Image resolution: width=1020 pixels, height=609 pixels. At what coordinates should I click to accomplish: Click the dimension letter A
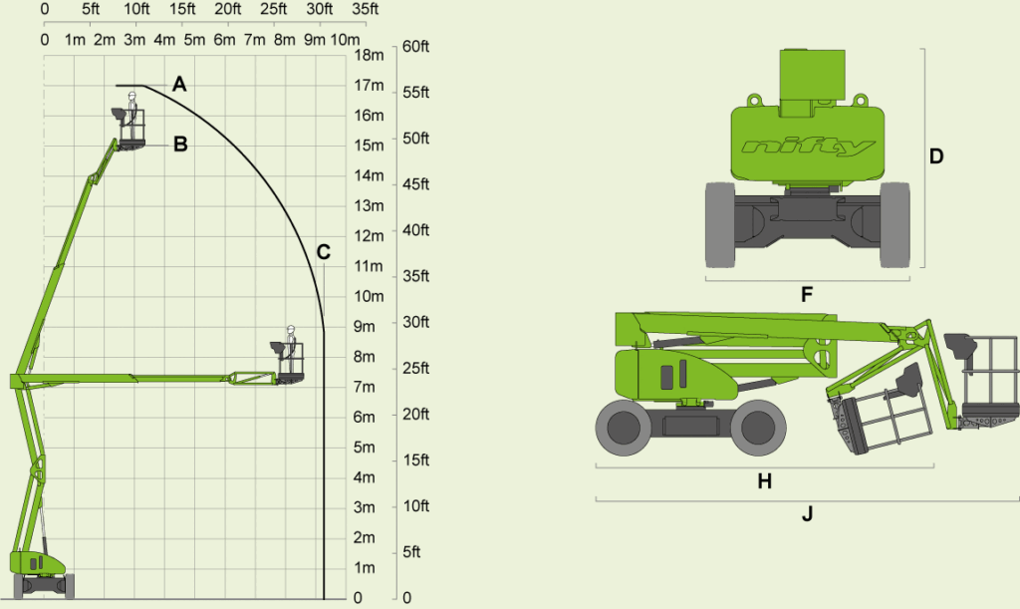click(x=179, y=84)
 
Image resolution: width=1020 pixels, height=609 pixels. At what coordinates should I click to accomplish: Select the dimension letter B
click(x=181, y=144)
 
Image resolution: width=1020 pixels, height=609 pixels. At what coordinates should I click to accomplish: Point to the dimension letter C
click(x=324, y=252)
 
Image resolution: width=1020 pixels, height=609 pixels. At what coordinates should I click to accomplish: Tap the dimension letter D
click(x=936, y=156)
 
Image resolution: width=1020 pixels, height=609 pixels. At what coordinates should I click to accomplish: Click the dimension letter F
click(x=807, y=295)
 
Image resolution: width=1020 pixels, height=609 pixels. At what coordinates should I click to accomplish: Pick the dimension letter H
click(x=765, y=481)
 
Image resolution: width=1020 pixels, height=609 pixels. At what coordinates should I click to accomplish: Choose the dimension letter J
click(x=807, y=514)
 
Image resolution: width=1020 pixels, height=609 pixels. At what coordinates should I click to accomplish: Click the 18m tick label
click(x=369, y=55)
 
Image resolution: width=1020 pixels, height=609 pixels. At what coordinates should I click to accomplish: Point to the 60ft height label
click(x=415, y=46)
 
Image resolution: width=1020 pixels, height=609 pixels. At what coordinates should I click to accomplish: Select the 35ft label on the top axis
click(x=365, y=9)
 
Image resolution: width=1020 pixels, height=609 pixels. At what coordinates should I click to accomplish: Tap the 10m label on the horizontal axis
click(x=345, y=40)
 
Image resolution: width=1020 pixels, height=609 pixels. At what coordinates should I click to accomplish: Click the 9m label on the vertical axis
click(x=365, y=326)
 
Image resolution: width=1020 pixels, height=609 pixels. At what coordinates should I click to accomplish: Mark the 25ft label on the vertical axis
click(x=415, y=368)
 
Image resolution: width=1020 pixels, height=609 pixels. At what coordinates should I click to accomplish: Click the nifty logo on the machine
click(x=807, y=148)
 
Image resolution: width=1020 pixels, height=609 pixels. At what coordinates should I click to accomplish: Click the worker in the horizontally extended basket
click(x=291, y=350)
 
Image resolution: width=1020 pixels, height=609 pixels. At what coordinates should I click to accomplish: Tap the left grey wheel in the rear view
click(x=720, y=225)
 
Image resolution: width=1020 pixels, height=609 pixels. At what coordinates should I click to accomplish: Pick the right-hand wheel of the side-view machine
click(x=758, y=428)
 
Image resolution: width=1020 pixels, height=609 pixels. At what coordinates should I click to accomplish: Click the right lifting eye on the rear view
click(x=860, y=101)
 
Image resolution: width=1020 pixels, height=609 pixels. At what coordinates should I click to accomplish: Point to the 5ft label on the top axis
click(x=91, y=9)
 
